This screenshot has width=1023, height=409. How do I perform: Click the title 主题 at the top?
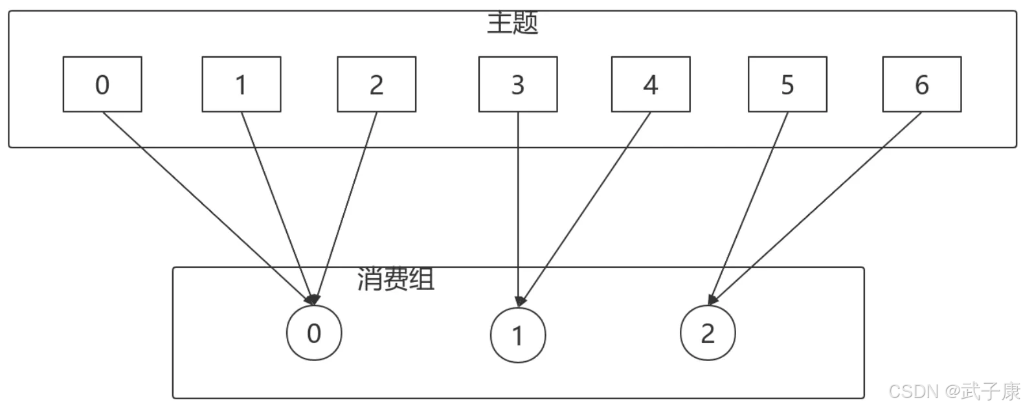(512, 23)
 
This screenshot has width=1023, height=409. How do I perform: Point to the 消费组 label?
(396, 279)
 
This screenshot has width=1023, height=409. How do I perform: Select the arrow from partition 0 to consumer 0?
(208, 208)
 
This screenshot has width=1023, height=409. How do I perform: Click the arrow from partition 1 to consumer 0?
(278, 208)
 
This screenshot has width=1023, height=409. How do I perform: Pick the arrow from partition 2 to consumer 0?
(346, 208)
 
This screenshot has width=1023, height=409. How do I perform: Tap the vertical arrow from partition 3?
(518, 209)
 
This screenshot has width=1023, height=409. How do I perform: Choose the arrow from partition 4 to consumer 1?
(585, 208)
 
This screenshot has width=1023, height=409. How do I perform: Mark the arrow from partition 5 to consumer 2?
(748, 208)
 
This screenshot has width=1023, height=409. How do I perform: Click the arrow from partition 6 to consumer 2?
(816, 208)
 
